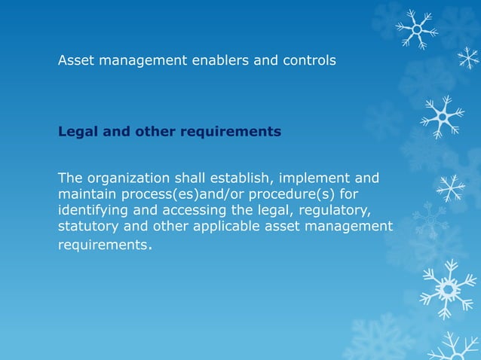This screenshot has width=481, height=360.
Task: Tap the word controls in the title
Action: [x=308, y=60]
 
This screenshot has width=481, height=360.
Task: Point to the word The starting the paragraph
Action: [x=71, y=178]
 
